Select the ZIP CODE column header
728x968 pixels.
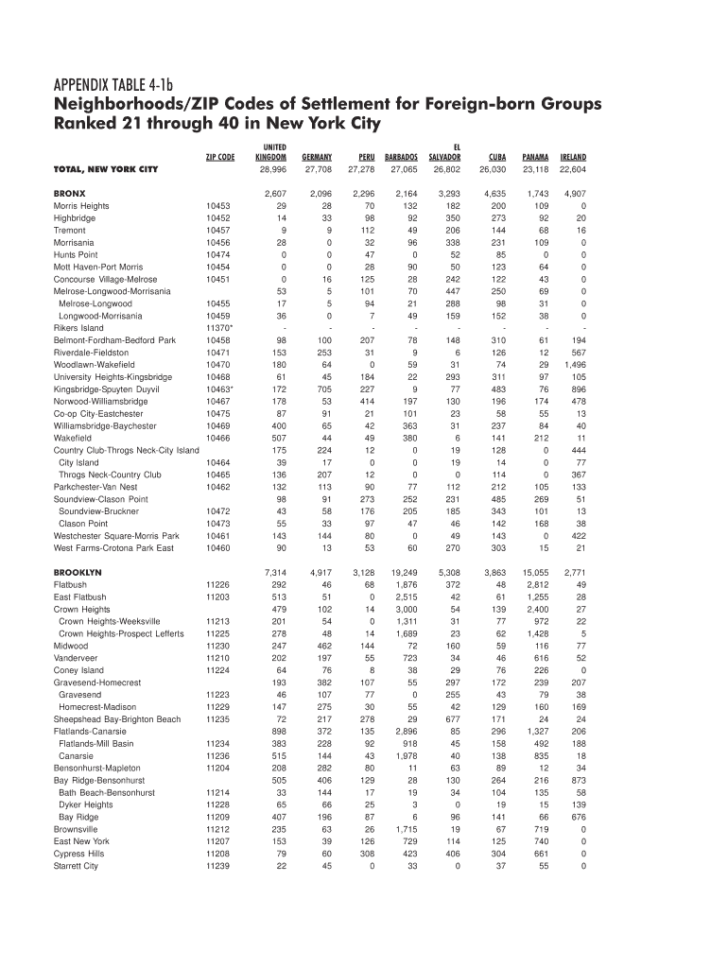coord(219,157)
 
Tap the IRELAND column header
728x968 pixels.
coord(572,157)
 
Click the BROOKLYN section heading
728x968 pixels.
coord(78,572)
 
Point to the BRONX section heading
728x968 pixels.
coord(69,193)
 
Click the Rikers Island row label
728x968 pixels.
coord(78,328)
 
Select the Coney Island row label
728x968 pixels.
coord(78,670)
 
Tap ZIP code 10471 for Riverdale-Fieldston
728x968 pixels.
coord(218,353)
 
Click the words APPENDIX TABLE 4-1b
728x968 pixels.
coord(121,82)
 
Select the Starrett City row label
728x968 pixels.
coord(76,866)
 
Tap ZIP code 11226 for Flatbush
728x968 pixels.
coord(218,584)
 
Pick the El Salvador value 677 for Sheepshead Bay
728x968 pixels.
coord(453,719)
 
